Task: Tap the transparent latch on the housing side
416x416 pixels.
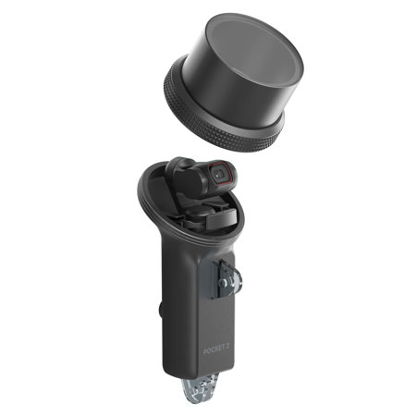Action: [x=226, y=277]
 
